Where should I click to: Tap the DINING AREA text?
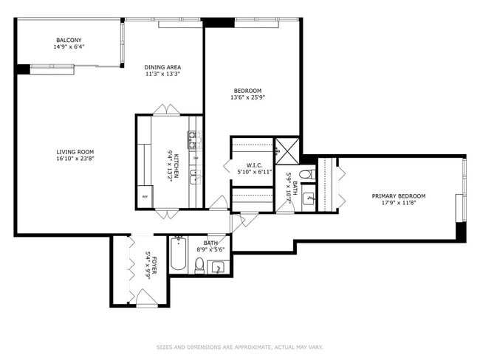162,67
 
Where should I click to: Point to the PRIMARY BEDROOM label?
398,196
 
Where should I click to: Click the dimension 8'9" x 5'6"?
211,249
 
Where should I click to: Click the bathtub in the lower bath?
179,255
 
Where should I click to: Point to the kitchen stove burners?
194,136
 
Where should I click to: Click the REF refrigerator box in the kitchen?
144,197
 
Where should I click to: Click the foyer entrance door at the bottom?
145,298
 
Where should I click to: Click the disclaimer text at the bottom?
240,347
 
